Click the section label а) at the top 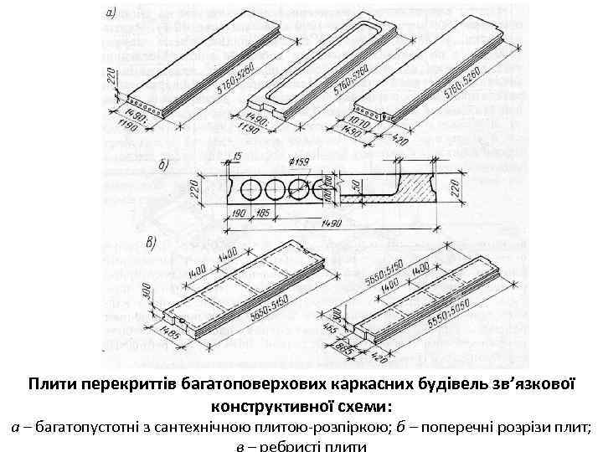click(x=112, y=14)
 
